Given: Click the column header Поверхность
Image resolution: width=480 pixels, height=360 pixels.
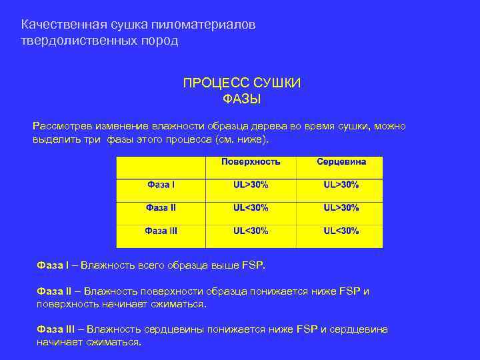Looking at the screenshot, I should (251, 162).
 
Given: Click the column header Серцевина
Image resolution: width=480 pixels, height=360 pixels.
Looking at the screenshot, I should (341, 162).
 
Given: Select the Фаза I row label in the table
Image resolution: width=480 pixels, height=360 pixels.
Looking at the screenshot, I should (161, 184).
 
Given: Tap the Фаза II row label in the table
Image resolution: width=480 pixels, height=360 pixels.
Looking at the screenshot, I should (161, 207).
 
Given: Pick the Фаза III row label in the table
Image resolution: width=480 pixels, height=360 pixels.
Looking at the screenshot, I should (161, 231).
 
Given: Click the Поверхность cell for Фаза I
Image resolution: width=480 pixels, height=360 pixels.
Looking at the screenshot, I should (251, 184).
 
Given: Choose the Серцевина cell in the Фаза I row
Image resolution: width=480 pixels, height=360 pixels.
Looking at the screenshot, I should (341, 184).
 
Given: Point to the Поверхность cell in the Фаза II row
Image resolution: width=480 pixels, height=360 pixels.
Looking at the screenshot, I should (251, 207).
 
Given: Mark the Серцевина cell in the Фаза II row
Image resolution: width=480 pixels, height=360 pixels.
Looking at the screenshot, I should (341, 207).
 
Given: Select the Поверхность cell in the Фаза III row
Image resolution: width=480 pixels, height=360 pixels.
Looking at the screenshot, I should (251, 231).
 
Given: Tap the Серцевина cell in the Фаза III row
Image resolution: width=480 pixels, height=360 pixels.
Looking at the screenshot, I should (341, 231).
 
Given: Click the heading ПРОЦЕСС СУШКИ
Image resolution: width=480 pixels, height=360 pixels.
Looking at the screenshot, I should (241, 83).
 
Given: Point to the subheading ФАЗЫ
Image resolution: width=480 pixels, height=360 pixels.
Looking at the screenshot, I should (241, 99).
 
